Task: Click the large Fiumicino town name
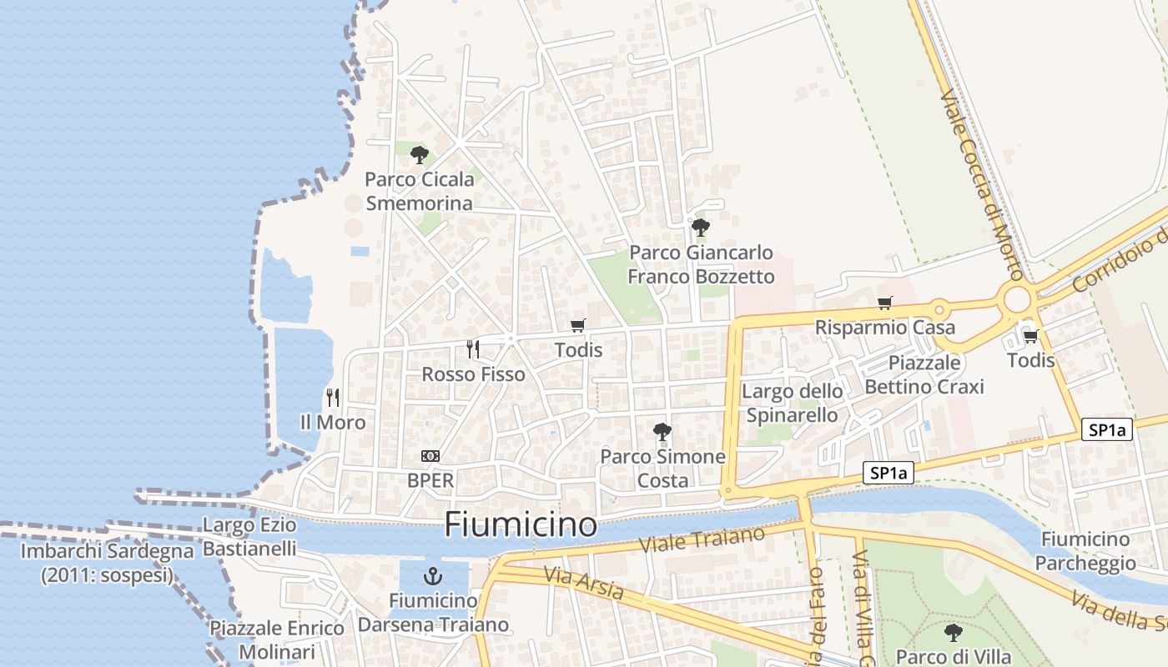[521, 525]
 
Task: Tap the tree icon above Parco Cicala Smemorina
[420, 155]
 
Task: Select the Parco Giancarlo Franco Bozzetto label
[701, 264]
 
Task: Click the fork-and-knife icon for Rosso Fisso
[473, 349]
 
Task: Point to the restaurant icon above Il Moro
[333, 398]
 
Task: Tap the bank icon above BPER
[430, 456]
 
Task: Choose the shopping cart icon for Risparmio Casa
[884, 303]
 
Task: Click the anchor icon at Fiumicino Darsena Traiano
[432, 575]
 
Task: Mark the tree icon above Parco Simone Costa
[662, 432]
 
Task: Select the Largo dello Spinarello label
[792, 403]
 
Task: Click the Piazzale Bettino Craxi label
[924, 374]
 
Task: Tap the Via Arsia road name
[583, 583]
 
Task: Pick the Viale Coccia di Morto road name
[981, 185]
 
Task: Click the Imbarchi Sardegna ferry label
[107, 563]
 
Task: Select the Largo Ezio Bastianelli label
[249, 537]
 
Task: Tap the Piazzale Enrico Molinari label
[276, 639]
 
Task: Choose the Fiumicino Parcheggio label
[1085, 551]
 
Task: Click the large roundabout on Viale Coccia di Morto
[1017, 299]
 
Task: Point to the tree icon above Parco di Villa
[953, 633]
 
